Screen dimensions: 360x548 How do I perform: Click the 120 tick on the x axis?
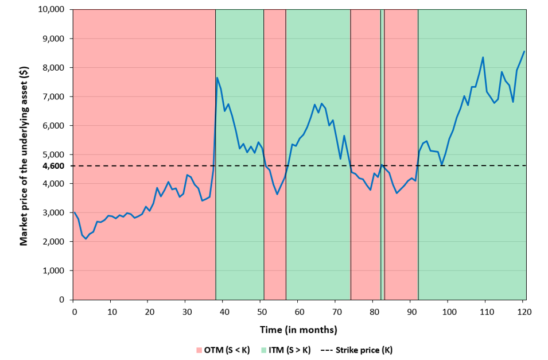click(x=523, y=311)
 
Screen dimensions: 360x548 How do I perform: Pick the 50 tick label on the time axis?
click(x=261, y=311)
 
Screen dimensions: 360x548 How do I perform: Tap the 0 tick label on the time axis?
click(x=73, y=311)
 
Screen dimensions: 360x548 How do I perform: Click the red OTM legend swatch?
click(x=199, y=350)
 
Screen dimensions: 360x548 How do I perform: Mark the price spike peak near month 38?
click(x=217, y=78)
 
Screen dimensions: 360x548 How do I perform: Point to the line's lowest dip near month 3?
click(x=85, y=238)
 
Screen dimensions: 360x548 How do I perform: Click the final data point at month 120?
click(x=524, y=52)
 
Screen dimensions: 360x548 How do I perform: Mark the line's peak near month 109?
click(x=483, y=57)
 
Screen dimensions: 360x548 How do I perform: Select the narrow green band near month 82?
click(x=382, y=230)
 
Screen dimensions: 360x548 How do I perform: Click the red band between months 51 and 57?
click(x=275, y=230)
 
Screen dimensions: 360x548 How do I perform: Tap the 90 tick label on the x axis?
click(x=410, y=311)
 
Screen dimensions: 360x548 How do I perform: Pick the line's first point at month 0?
click(x=74, y=212)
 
